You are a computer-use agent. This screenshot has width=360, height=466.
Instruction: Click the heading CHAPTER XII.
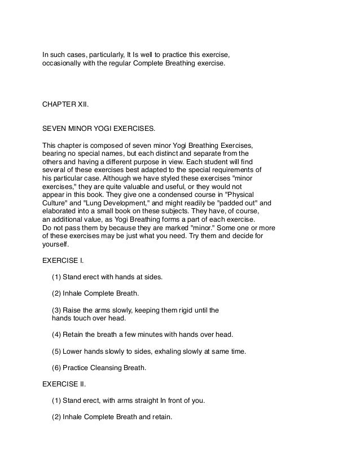pos(65,104)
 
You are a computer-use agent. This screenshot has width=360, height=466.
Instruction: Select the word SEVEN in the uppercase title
pos(55,129)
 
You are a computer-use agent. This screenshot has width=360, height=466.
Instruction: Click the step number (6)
pos(56,368)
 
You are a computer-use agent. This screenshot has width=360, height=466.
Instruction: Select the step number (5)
pos(56,351)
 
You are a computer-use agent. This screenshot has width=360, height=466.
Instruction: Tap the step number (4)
pos(56,335)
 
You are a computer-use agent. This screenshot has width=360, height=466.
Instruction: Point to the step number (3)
pos(56,310)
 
